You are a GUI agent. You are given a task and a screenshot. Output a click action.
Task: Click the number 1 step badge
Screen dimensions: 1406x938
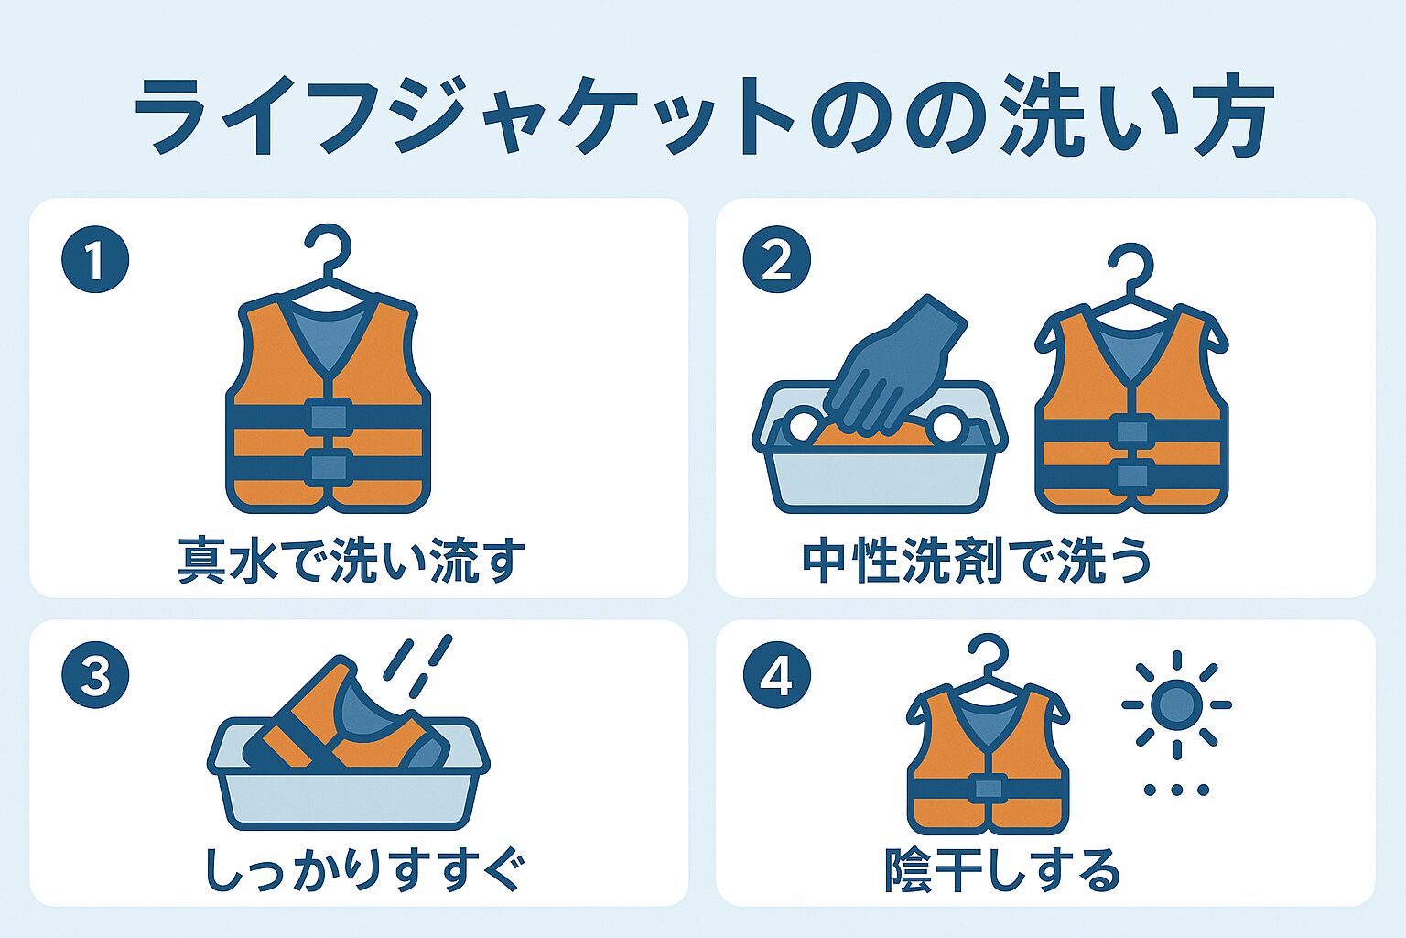click(x=95, y=259)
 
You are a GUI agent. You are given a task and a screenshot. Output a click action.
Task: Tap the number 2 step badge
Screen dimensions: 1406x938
click(x=776, y=259)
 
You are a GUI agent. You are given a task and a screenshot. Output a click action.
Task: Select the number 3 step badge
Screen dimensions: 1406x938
click(x=95, y=675)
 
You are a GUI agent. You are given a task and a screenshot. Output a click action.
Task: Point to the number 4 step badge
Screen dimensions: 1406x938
click(x=776, y=675)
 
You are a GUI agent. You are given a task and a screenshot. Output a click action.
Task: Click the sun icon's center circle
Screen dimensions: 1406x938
click(x=1177, y=705)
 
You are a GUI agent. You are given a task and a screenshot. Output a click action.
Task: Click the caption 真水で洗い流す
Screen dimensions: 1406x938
click(x=351, y=561)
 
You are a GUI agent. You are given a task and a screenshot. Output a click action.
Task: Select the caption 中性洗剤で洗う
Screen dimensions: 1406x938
click(x=977, y=561)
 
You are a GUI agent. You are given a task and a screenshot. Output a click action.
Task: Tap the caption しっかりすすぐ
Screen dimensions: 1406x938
click(x=362, y=869)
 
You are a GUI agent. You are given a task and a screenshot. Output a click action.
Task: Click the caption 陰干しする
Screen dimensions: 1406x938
click(x=1002, y=869)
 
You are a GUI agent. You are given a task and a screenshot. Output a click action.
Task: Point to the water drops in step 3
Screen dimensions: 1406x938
click(x=418, y=666)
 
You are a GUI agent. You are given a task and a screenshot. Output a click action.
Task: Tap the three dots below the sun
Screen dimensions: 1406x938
click(x=1177, y=790)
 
